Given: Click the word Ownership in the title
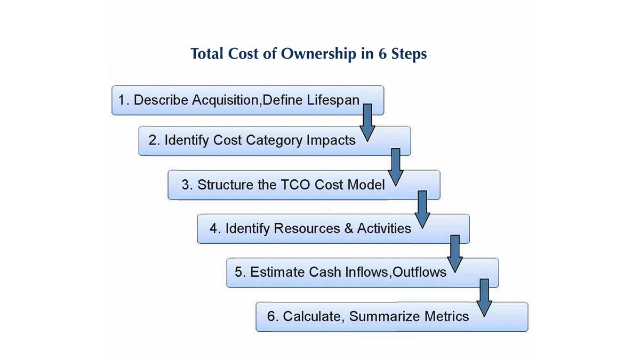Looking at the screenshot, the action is coord(318,54).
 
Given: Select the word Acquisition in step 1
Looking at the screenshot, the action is coord(226,101).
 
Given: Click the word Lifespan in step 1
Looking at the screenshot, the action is coord(333,101).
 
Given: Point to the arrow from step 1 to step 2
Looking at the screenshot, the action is coord(367,123).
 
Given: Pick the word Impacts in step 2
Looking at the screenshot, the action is coord(331,141).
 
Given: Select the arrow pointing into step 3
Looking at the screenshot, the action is coord(396,167).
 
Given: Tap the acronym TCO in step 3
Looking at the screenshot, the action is coord(295,185).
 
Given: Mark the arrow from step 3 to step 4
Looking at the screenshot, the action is coord(422,210).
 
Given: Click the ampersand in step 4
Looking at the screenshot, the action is coord(349,228).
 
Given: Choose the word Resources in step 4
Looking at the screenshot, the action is coord(307,228).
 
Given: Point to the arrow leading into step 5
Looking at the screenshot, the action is coord(455,254).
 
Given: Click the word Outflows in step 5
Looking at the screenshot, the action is coord(419,272).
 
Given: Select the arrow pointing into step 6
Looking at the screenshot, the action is coord(484,298).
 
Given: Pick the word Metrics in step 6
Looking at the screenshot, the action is coord(446,316).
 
